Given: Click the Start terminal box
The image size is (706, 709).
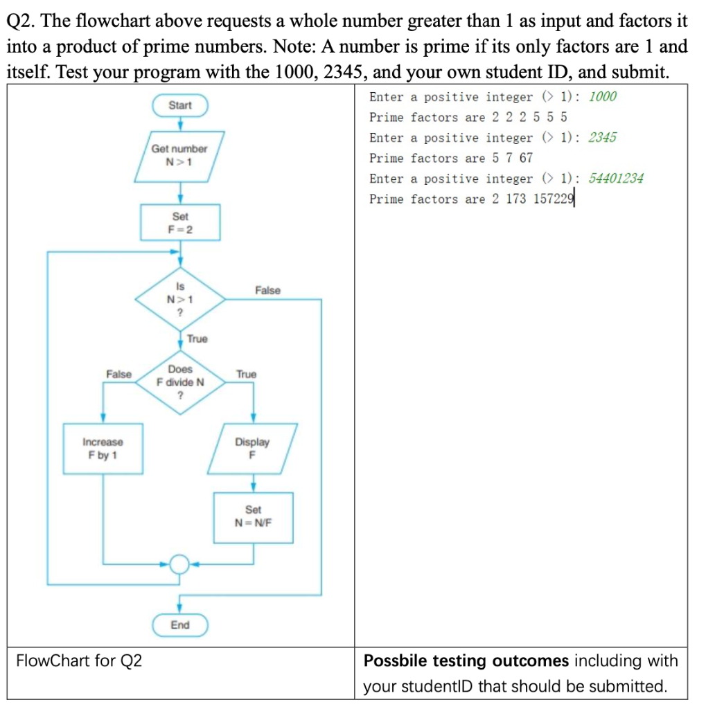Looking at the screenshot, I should pyautogui.click(x=180, y=105).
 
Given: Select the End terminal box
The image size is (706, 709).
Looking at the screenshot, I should pyautogui.click(x=179, y=625).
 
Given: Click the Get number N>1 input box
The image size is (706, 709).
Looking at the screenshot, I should pyautogui.click(x=179, y=155).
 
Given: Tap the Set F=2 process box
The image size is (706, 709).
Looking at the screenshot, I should pyautogui.click(x=180, y=222).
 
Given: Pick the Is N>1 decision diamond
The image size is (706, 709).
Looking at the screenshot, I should pyautogui.click(x=180, y=299).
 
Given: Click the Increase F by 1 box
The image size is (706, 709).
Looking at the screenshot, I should pyautogui.click(x=103, y=449).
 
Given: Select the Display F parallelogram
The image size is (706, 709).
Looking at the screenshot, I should pyautogui.click(x=253, y=449).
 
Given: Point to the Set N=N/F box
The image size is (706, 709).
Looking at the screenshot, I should pyautogui.click(x=253, y=516).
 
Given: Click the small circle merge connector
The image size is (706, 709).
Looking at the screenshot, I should pyautogui.click(x=179, y=564).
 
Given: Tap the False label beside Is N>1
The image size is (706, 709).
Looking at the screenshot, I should pyautogui.click(x=267, y=290).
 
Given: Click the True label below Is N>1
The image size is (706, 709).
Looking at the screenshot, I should pyautogui.click(x=197, y=339).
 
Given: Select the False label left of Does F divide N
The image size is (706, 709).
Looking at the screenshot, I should pyautogui.click(x=118, y=374).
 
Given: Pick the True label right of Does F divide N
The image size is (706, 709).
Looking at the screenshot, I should pyautogui.click(x=246, y=374).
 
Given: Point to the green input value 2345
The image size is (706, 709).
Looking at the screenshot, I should pyautogui.click(x=602, y=137).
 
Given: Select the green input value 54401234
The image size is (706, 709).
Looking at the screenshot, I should pyautogui.click(x=616, y=179).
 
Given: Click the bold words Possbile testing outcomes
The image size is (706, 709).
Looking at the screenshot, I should pyautogui.click(x=466, y=661).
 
